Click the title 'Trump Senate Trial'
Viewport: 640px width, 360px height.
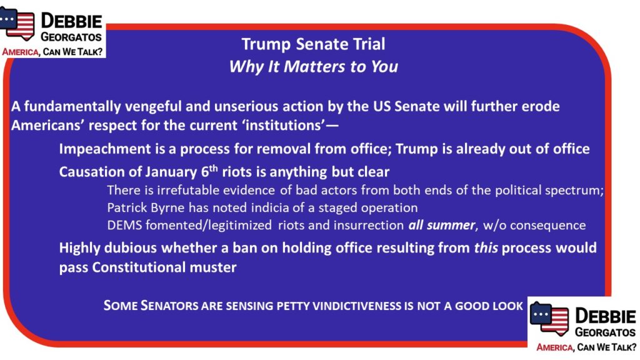coord(313,44)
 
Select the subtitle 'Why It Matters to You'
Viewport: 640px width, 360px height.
coord(313,66)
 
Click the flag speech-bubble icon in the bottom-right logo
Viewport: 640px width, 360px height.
coord(549,318)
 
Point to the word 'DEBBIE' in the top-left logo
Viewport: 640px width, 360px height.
coord(71,21)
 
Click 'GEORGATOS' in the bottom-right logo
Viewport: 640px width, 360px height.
coord(605,332)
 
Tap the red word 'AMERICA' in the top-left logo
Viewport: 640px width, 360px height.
coord(21,52)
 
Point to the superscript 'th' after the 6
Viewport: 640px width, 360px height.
coord(214,168)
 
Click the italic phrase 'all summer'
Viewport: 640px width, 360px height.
coord(442,225)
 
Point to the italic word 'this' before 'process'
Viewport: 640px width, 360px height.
coord(486,247)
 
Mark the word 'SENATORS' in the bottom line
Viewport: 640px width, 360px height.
coord(169,306)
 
